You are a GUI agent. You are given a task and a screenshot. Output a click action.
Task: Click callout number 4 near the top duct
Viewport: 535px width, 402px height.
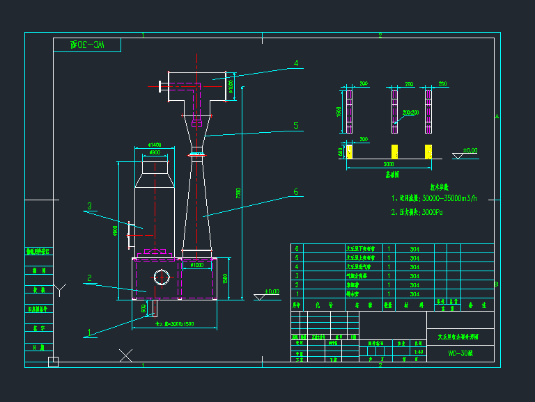296,63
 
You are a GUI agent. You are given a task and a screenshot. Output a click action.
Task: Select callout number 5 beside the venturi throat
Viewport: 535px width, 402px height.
296,126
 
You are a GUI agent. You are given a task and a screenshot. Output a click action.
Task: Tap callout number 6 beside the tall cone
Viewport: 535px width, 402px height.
296,191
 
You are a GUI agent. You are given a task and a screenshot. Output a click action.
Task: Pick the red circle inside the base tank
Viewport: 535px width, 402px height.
162,276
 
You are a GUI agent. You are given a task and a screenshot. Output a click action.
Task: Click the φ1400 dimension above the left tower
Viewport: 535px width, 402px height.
155,145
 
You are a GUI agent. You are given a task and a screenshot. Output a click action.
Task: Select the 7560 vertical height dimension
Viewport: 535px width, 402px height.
238,192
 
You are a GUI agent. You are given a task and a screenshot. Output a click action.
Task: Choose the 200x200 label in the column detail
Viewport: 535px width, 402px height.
410,112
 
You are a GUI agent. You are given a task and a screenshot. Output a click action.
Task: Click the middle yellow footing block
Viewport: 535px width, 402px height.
394,151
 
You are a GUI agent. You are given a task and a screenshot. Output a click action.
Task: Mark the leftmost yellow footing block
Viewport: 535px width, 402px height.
350,151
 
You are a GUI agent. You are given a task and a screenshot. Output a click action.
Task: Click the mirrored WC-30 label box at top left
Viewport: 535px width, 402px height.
87,45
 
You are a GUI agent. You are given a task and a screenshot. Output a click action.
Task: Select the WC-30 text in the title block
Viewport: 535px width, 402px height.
460,353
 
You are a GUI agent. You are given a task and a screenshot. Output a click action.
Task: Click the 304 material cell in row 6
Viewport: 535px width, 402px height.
414,248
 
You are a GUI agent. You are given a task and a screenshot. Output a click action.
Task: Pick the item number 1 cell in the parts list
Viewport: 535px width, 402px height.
297,294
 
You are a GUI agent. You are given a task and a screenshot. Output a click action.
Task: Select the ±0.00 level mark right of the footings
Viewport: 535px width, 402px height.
470,150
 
